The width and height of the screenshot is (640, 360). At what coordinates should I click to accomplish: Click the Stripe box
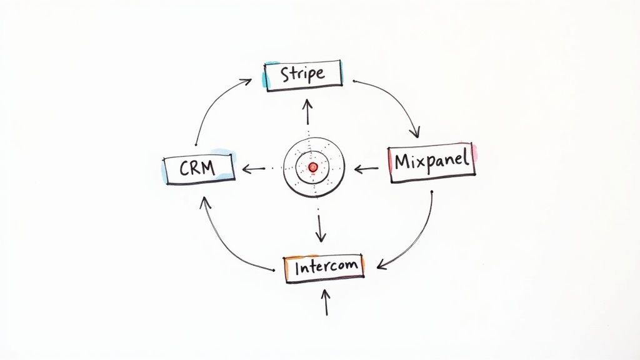[304, 76]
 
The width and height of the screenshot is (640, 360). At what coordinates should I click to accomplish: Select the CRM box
[199, 168]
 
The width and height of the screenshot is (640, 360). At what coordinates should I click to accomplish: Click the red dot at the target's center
[313, 167]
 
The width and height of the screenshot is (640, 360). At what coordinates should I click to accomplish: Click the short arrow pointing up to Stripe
[307, 111]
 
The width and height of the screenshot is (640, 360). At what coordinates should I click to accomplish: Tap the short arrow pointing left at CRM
[254, 168]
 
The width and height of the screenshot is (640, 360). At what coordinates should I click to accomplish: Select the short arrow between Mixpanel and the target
[366, 168]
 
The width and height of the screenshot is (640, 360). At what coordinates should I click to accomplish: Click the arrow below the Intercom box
[326, 302]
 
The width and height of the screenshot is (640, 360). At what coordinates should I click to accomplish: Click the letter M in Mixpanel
[403, 162]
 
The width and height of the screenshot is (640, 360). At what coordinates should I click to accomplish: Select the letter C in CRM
[185, 168]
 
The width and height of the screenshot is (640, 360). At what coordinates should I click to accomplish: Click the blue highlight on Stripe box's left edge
[266, 75]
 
